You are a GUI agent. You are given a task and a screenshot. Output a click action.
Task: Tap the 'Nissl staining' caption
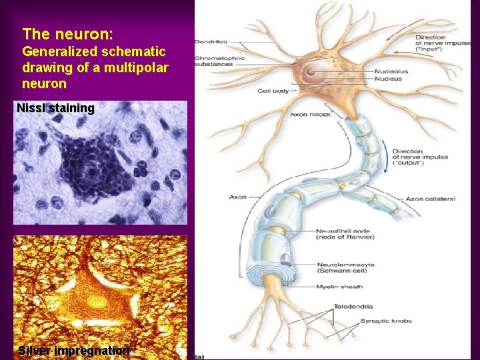click(x=55, y=108)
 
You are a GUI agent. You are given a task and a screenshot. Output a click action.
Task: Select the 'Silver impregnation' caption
click(x=74, y=351)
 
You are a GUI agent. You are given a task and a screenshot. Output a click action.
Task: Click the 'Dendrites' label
click(x=211, y=42)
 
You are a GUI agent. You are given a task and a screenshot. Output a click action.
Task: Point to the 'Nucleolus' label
click(x=391, y=71)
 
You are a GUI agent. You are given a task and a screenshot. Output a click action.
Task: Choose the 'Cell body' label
click(x=273, y=91)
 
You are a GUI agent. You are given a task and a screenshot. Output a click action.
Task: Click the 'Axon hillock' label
click(x=310, y=114)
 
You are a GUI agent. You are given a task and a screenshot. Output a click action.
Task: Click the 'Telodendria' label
click(x=350, y=309)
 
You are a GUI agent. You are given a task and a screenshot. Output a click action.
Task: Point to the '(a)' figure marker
click(x=199, y=355)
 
